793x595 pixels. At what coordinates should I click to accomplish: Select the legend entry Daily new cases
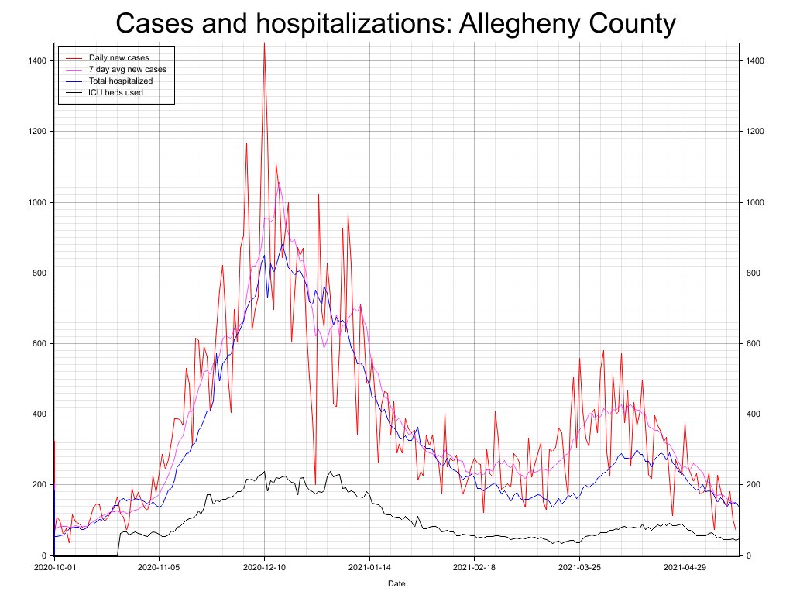[x=118, y=58]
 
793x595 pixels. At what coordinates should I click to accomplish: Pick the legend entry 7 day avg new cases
[x=127, y=70]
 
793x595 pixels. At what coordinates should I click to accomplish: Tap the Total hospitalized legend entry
[x=120, y=81]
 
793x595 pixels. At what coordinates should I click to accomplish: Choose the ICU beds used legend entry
[x=115, y=92]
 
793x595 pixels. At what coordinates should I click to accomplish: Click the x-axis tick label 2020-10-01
[x=54, y=568]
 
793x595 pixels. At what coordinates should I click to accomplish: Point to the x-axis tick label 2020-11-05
[x=159, y=568]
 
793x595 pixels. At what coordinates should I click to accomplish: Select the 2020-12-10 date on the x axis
[x=264, y=568]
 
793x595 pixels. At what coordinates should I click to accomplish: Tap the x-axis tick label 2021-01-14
[x=369, y=568]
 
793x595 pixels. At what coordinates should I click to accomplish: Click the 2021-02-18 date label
[x=475, y=568]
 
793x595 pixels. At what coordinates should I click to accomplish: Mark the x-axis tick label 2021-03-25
[x=580, y=568]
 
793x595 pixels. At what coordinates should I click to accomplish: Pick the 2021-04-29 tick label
[x=685, y=568]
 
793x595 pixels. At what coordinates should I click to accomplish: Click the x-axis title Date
[x=396, y=583]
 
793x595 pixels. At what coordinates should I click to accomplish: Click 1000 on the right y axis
[x=756, y=202]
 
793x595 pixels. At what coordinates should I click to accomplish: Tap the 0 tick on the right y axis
[x=749, y=556]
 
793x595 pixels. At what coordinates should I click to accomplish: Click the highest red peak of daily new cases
[x=264, y=43]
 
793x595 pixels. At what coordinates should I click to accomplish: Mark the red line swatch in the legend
[x=74, y=58]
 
